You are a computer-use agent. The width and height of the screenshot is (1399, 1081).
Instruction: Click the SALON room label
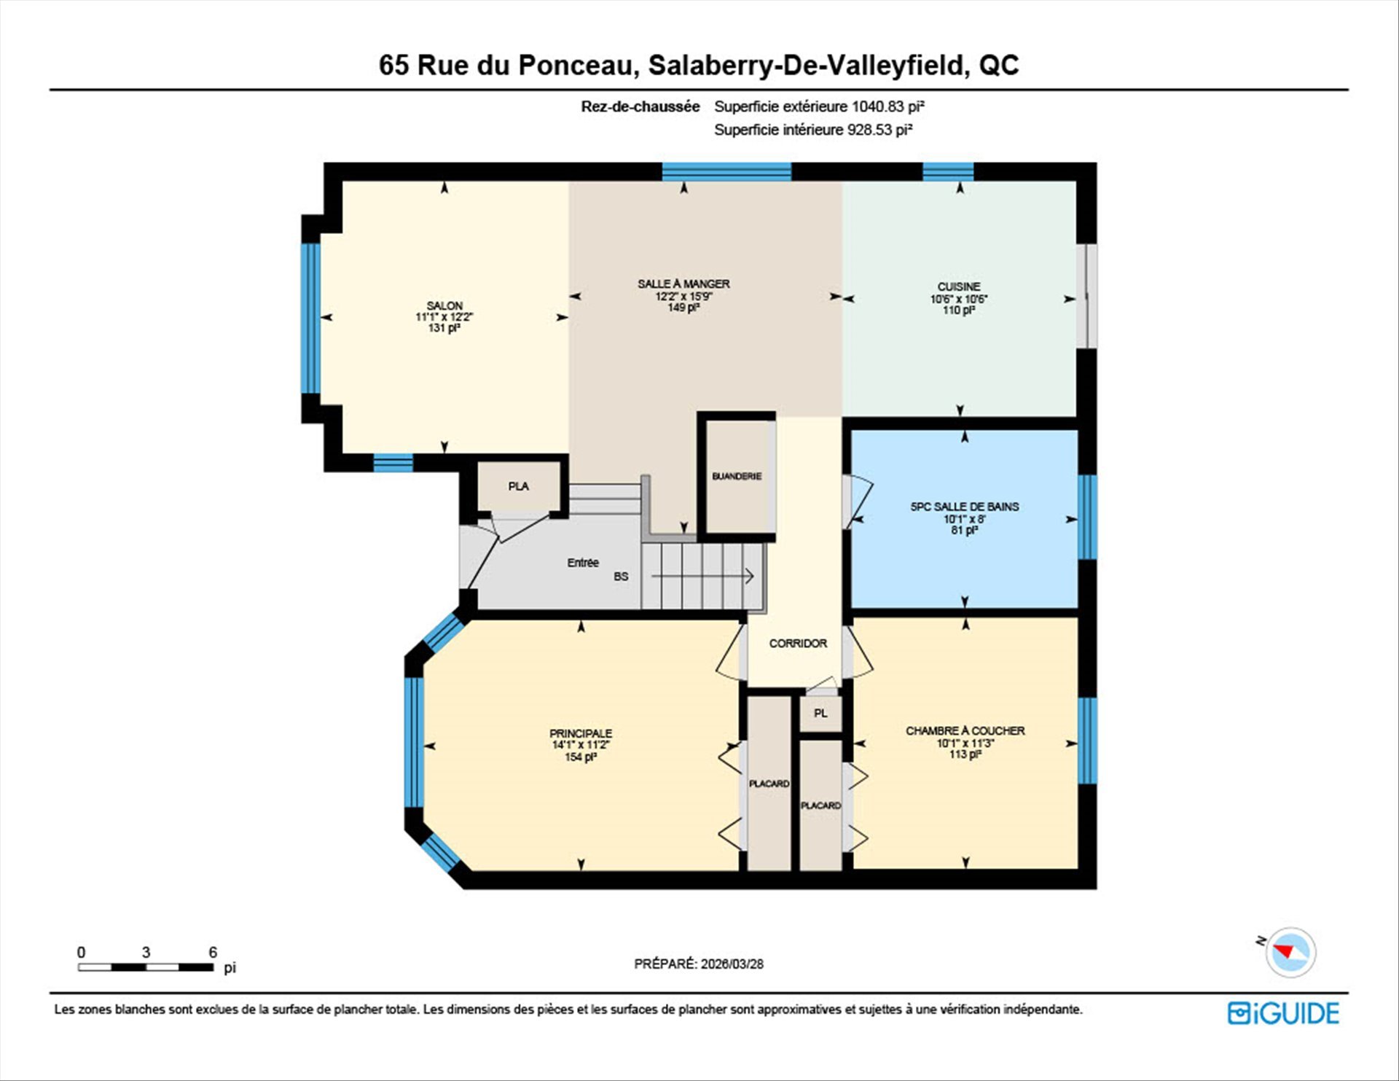[x=444, y=305]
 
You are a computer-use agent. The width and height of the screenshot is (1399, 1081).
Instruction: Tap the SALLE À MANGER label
[x=683, y=284]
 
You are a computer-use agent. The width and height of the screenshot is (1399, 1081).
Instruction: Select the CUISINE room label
[x=959, y=286]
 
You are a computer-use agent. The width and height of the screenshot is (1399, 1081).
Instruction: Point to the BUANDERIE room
[x=737, y=476]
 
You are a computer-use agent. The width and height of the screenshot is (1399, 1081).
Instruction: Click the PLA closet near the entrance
[x=519, y=486]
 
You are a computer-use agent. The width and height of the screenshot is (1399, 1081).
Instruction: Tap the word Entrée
[x=583, y=563]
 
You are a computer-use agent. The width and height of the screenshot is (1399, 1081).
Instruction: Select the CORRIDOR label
[x=798, y=643]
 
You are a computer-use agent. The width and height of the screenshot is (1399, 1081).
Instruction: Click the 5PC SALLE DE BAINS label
[x=965, y=507]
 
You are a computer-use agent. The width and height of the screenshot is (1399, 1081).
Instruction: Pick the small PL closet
[x=820, y=713]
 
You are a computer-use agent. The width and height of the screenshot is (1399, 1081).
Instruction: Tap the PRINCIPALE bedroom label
[x=581, y=733]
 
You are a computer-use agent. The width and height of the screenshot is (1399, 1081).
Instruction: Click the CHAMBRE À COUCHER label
[x=965, y=730]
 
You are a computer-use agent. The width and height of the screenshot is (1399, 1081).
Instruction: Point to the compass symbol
[x=1290, y=951]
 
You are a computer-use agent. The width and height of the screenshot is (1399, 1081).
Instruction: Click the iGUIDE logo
[x=1283, y=1013]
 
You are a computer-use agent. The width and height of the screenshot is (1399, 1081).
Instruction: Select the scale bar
[x=146, y=967]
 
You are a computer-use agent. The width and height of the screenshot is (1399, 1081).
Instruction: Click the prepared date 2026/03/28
[x=732, y=964]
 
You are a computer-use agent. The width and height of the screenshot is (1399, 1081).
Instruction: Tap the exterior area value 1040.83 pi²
[x=888, y=106]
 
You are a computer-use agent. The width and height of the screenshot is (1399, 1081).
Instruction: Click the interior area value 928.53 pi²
[x=879, y=130]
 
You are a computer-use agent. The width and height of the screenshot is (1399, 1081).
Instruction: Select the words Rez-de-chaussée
[x=640, y=106]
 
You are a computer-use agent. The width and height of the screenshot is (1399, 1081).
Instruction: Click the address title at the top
[x=699, y=65]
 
